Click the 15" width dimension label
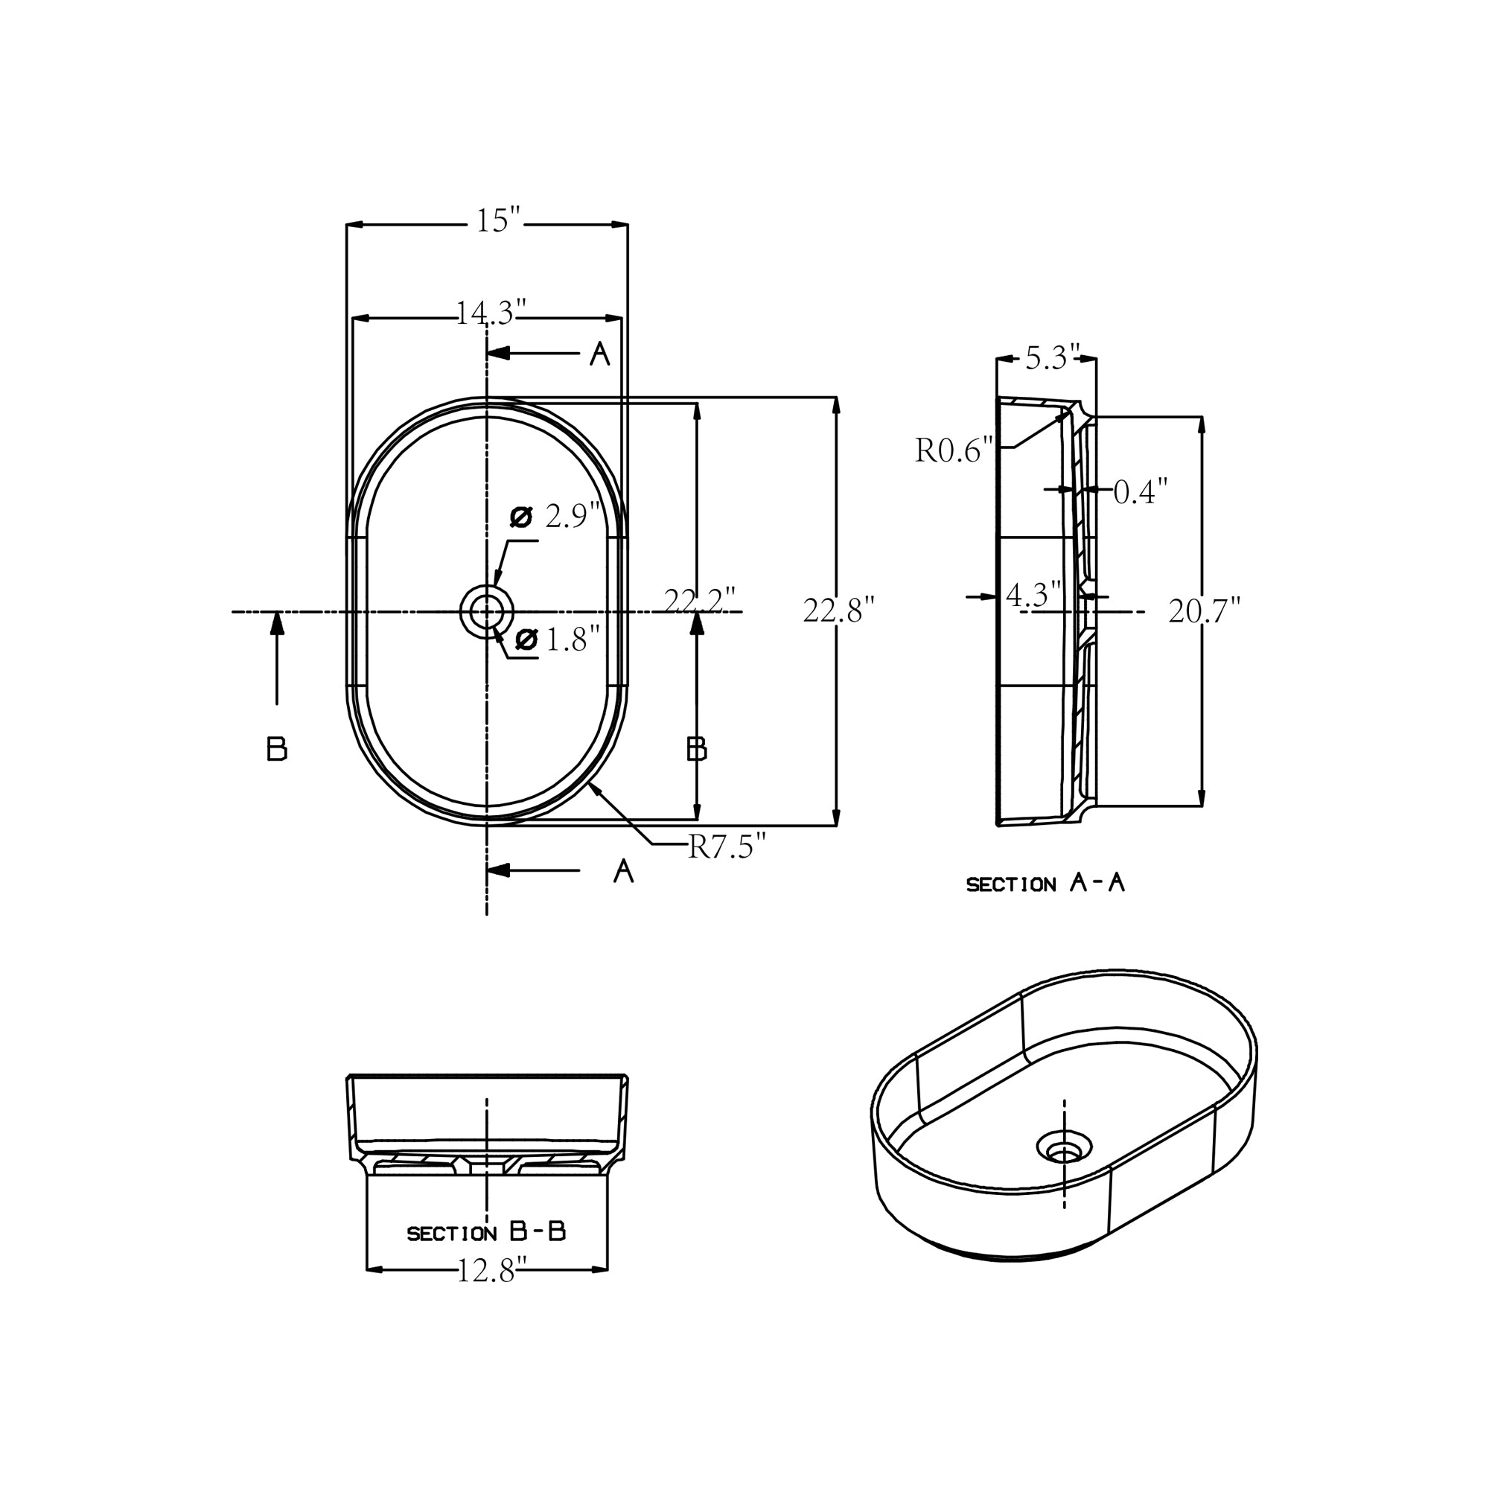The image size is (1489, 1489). [x=498, y=222]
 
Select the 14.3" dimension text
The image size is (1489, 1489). [x=490, y=313]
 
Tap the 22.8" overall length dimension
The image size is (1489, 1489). [x=838, y=611]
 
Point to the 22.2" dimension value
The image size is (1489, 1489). [x=699, y=601]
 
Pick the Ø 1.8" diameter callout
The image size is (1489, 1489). [x=557, y=639]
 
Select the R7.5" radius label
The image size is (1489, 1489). [x=727, y=848]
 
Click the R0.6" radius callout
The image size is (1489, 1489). [x=954, y=451]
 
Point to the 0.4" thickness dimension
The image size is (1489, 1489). [x=1140, y=491]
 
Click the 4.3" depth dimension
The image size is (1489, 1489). [x=1033, y=595]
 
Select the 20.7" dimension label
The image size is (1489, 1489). [x=1204, y=612]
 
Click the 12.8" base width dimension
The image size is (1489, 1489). [x=491, y=1271]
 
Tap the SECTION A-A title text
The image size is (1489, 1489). [x=1045, y=884]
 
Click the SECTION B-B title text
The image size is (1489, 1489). [x=485, y=1232]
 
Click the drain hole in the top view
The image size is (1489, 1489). [x=486, y=613]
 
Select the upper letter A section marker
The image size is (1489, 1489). [x=599, y=354]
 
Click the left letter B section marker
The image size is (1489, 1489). [x=277, y=749]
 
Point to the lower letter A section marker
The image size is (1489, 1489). [x=622, y=872]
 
